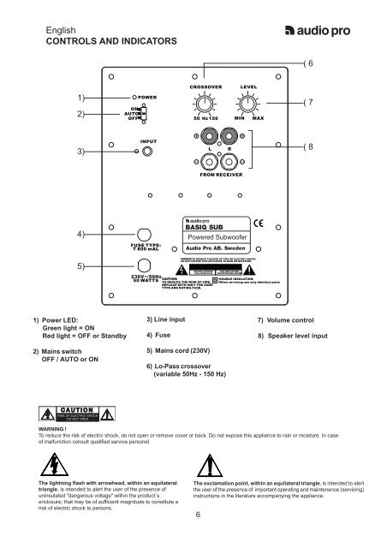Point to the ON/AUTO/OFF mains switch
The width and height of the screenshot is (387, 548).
142,115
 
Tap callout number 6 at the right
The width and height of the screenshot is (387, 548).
311,64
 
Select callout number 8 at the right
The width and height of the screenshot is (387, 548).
311,147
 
